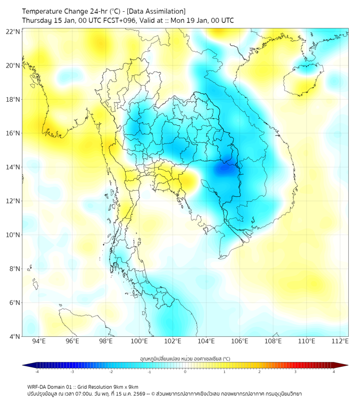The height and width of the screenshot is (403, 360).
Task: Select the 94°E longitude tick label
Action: coord(38,341)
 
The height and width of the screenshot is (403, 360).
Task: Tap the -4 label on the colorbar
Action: coord(36,372)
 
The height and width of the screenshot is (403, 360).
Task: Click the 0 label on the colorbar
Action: coord(185,372)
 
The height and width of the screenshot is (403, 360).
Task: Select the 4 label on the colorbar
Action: coord(334,372)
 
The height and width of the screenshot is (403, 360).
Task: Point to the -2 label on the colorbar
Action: coord(110,372)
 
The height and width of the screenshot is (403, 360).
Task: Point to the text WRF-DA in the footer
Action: coord(38,386)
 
